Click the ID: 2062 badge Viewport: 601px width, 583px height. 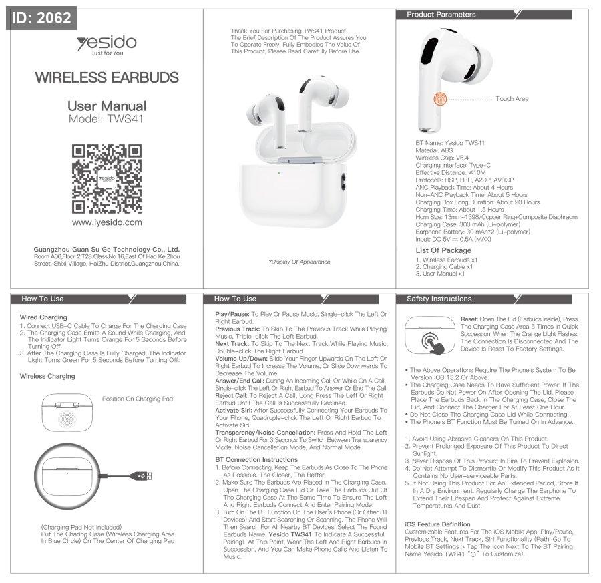pos(41,18)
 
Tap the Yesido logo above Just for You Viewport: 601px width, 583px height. pos(107,42)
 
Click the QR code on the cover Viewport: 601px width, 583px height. pos(107,178)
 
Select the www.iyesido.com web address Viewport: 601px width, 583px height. pos(107,222)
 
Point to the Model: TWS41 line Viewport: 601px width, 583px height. pos(106,119)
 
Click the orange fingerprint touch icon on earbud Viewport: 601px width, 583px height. pos(441,99)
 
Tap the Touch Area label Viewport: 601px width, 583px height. pos(512,99)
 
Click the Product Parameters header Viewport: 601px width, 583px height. pos(441,15)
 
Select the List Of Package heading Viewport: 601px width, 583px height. pos(443,250)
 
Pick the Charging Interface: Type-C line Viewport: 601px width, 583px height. pos(453,165)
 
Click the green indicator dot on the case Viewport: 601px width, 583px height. pos(279,173)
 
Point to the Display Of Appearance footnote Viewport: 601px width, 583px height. pos(299,262)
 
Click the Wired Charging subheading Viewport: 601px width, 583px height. pos(43,317)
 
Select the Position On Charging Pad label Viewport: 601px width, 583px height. pos(138,399)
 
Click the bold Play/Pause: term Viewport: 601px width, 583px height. pos(232,314)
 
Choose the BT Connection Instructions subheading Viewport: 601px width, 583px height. pos(256,459)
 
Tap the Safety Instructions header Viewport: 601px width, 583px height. pos(439,299)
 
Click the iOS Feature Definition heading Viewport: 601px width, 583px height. pos(437,524)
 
